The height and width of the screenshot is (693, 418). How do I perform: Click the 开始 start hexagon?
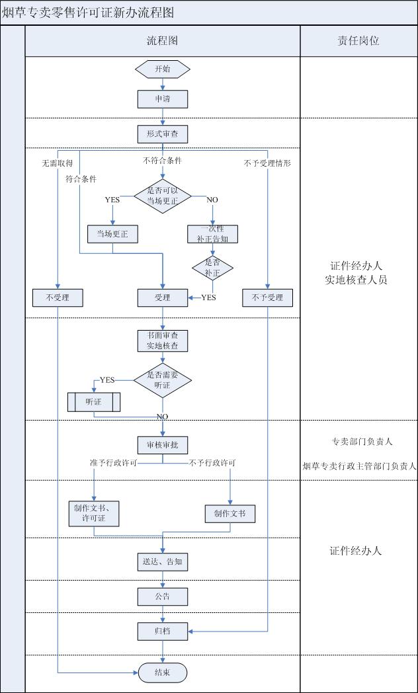pos(163,69)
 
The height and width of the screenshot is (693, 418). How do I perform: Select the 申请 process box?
pos(163,99)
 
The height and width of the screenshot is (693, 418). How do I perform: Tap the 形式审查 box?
pos(163,134)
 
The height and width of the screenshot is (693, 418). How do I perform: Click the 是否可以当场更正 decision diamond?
pos(163,195)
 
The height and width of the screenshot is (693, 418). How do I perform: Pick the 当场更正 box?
pos(113,234)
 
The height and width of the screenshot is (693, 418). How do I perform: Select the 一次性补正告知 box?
pos(212,234)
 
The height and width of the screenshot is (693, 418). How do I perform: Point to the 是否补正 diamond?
pos(212,266)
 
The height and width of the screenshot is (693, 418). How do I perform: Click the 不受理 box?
pos(58,298)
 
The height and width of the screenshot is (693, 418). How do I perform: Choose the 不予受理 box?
pos(267,298)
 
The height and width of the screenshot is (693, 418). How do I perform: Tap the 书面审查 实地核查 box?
pos(163,341)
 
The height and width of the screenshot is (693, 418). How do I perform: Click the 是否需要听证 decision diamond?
pos(163,379)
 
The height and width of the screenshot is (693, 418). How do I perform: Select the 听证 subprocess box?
pos(94,402)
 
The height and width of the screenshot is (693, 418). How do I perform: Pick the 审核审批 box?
pos(163,444)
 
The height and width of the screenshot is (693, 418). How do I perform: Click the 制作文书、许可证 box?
pos(94,513)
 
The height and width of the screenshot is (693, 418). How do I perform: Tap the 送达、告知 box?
pos(163,562)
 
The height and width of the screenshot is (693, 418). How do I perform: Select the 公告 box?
pos(163,596)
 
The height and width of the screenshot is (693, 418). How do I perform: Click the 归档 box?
pos(163,631)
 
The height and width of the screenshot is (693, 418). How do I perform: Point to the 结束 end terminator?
pos(163,673)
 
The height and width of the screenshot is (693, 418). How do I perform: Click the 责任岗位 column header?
pos(358,41)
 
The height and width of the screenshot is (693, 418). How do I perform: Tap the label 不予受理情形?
pos(267,163)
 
